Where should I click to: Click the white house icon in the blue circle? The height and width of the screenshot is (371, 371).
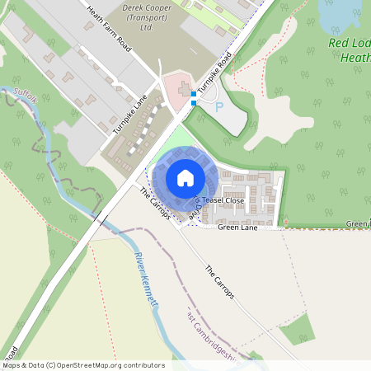(185, 178)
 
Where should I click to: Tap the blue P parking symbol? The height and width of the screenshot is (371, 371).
(219, 106)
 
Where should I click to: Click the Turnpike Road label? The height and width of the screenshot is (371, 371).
(214, 74)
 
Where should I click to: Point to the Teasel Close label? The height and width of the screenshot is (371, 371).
(223, 200)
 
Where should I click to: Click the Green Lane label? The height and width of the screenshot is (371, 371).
(237, 228)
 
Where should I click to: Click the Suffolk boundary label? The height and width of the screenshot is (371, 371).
(26, 96)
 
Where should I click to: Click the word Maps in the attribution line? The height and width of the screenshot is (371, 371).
(12, 365)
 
